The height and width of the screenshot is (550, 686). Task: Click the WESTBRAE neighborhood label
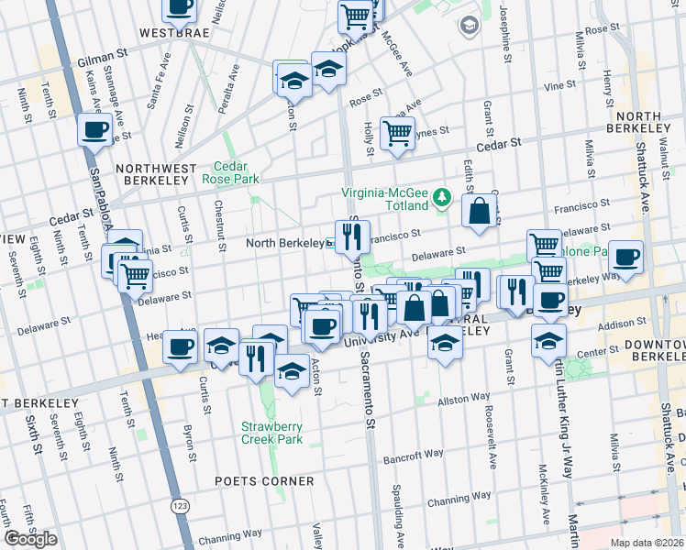point(175,32)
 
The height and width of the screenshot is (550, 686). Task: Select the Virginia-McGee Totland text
point(385,194)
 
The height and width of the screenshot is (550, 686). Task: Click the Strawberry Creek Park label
point(271,433)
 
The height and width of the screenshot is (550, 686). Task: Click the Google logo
point(30,539)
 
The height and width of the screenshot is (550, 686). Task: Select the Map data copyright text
point(647,543)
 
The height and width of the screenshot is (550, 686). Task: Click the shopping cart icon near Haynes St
point(397,133)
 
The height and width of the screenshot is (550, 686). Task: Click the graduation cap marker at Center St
point(548,341)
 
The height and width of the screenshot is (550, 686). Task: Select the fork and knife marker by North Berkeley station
point(352,236)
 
